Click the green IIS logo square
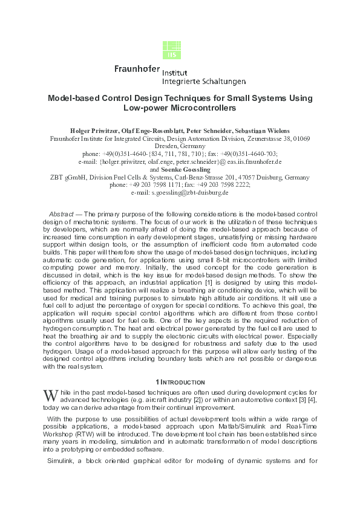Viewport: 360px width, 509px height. [x=172, y=50]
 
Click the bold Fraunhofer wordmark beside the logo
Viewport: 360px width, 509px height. [x=137, y=69]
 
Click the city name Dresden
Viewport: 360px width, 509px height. [x=168, y=146]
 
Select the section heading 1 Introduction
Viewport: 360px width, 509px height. [x=180, y=382]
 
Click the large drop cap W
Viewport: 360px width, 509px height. [x=51, y=396]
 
